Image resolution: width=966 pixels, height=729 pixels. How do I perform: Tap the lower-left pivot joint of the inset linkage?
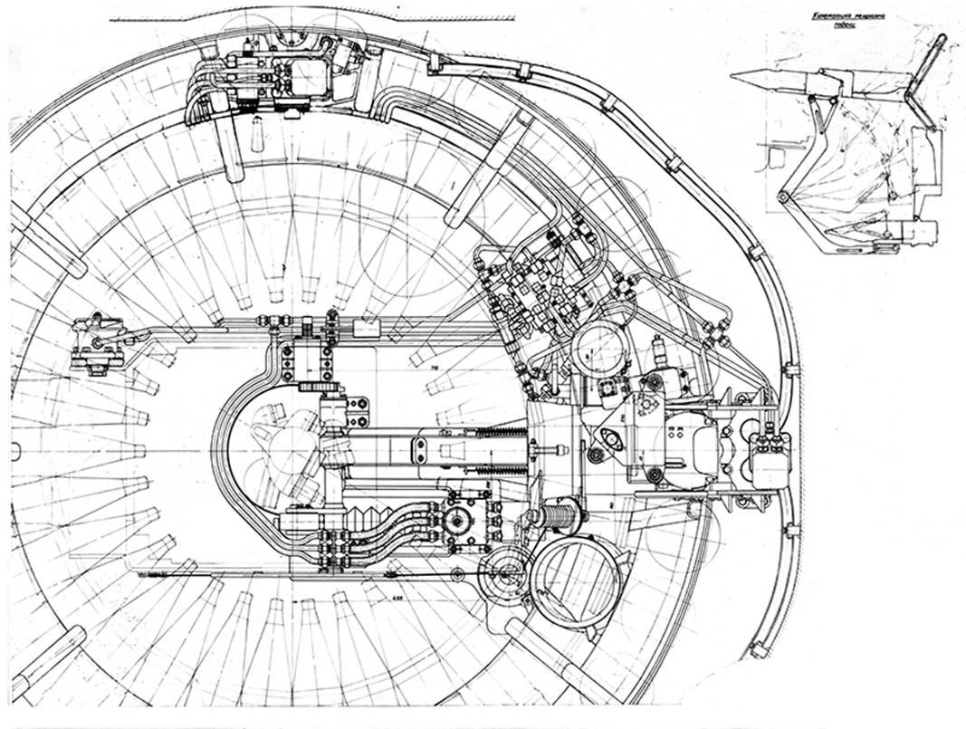pos(784,197)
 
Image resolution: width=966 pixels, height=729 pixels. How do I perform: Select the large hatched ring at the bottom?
pos(576,582)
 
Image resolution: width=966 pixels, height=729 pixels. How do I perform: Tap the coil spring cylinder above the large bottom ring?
pos(553,518)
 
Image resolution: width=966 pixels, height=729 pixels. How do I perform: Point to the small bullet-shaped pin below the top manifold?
pos(257,139)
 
